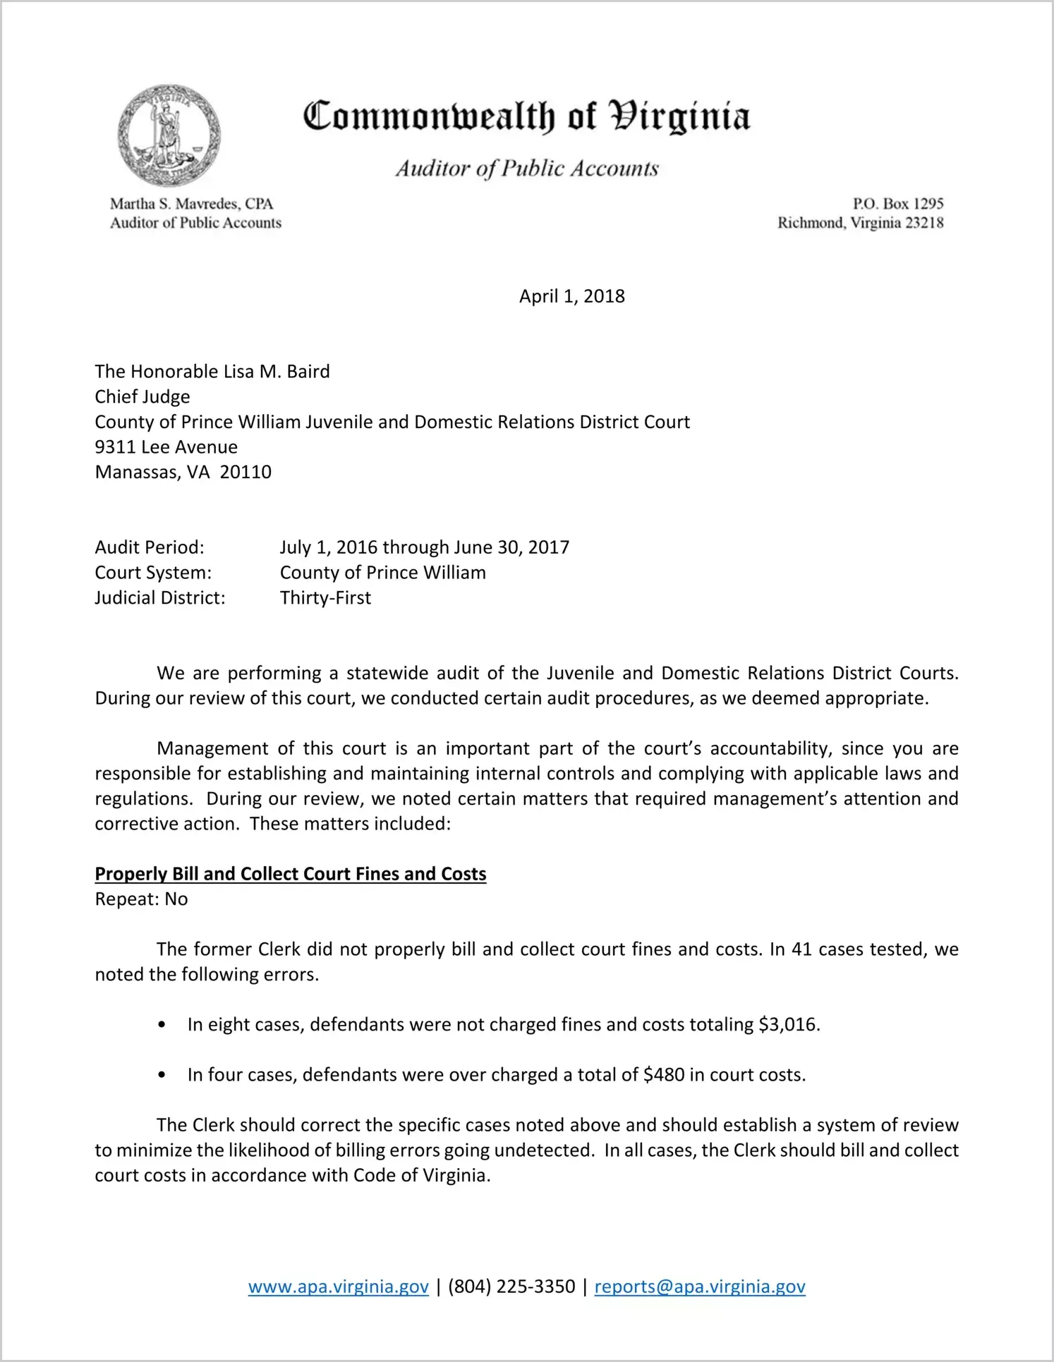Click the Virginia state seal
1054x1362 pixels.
169,135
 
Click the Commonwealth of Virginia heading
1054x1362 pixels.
526,116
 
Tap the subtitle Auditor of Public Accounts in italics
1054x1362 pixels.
526,169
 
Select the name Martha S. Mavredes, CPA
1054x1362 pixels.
191,204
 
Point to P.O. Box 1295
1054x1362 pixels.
897,204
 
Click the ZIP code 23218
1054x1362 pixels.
924,223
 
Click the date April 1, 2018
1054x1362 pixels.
571,296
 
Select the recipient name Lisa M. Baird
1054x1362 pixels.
277,372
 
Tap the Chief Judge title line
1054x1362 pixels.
143,397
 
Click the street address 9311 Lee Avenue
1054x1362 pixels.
166,447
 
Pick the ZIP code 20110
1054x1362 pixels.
246,473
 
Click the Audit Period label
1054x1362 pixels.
150,547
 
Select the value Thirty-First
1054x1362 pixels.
325,598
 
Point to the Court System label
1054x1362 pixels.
153,573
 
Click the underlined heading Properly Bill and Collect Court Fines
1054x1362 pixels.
291,874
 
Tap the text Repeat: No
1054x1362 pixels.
141,899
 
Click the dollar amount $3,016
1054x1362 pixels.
788,1025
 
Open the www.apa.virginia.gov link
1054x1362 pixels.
338,1287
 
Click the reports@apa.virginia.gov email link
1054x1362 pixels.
700,1287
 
